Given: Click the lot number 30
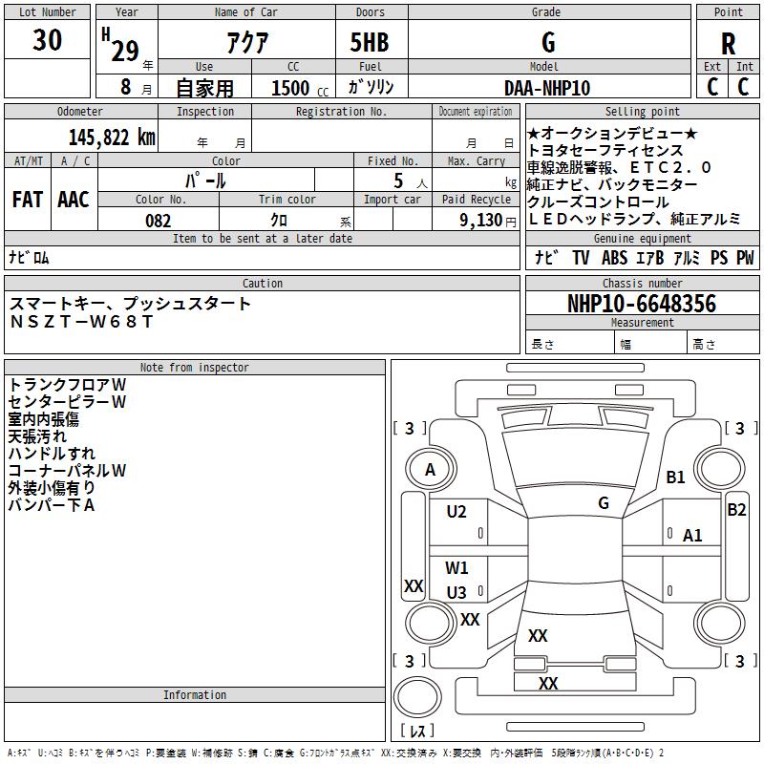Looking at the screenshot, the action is tap(47, 40).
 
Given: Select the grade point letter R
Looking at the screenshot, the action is tap(728, 44).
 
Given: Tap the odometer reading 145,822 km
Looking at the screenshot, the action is tap(112, 138).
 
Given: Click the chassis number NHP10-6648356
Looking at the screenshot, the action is tap(642, 304).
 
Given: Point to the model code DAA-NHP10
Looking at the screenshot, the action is tap(547, 88).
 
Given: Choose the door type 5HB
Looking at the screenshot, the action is tap(370, 42).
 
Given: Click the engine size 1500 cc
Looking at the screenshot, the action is tap(300, 88).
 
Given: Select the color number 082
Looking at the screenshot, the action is tap(159, 221).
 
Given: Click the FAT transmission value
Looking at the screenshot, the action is tap(28, 200).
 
